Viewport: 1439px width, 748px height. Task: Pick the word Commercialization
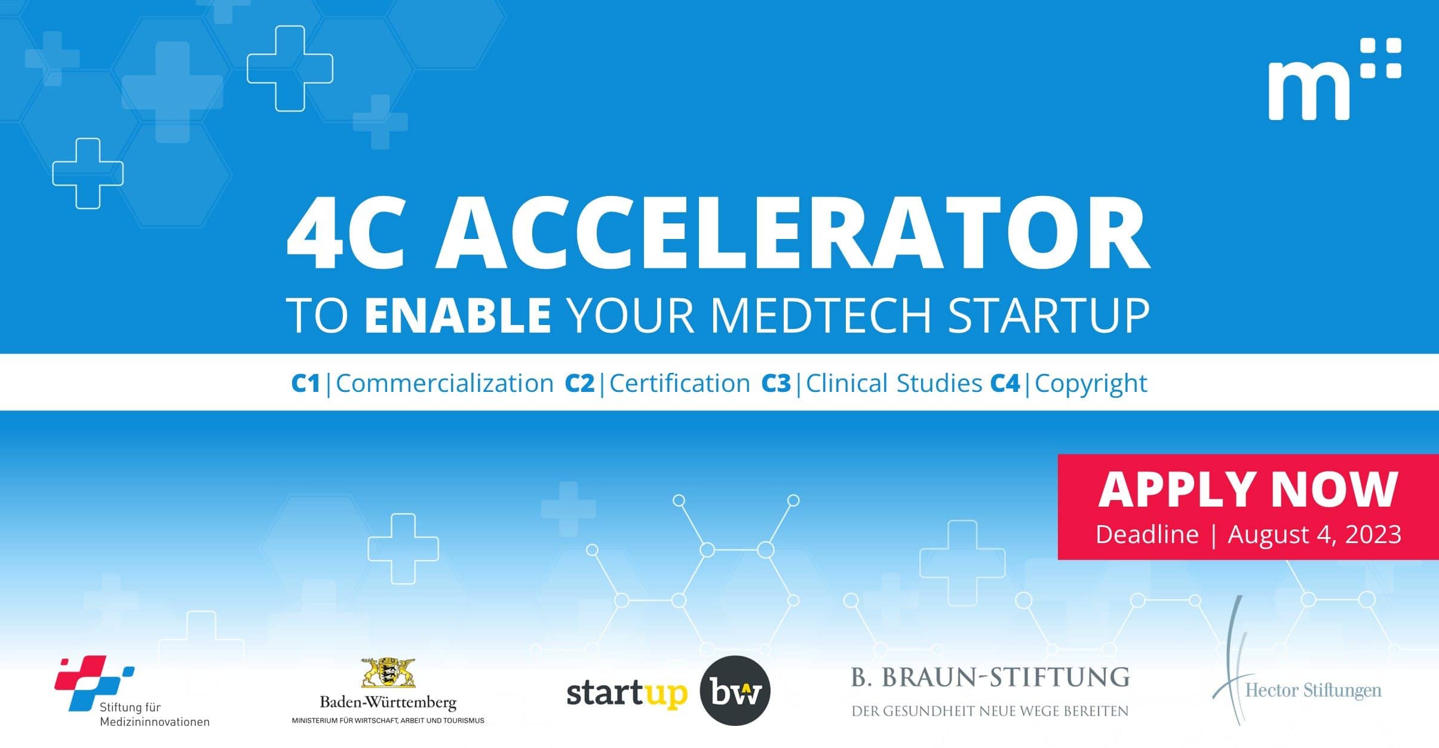(x=445, y=383)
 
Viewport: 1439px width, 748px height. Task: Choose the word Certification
(x=680, y=383)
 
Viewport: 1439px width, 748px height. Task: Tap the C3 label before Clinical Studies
(x=776, y=383)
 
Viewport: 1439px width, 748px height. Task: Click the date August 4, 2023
(x=1314, y=534)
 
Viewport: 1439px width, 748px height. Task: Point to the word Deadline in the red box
(x=1147, y=534)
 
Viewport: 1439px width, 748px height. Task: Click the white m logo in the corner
(x=1334, y=79)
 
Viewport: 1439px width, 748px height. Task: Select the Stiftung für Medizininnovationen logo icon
(x=94, y=683)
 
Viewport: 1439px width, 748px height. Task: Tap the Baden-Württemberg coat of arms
(x=388, y=672)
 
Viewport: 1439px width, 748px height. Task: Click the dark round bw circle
(x=735, y=691)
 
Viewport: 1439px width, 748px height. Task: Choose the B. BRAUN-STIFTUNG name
(x=990, y=678)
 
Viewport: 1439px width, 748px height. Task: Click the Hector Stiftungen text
(x=1313, y=691)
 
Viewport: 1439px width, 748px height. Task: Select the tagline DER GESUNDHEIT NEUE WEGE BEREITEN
(x=990, y=711)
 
